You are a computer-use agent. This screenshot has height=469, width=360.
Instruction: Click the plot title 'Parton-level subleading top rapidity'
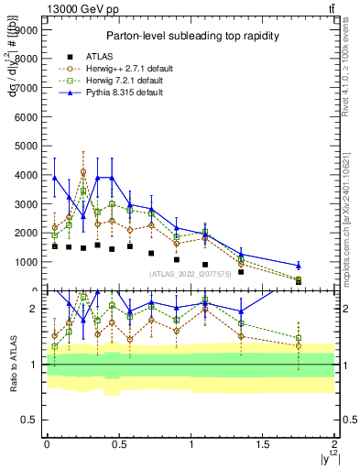tap(191, 36)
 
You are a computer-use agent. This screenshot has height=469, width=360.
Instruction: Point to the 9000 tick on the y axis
tap(26, 30)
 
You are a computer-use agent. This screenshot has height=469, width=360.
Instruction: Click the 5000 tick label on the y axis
tap(26, 146)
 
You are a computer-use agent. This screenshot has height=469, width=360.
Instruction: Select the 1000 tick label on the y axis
tap(26, 262)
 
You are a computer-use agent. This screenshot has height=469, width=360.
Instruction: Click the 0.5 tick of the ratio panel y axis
tap(31, 420)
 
